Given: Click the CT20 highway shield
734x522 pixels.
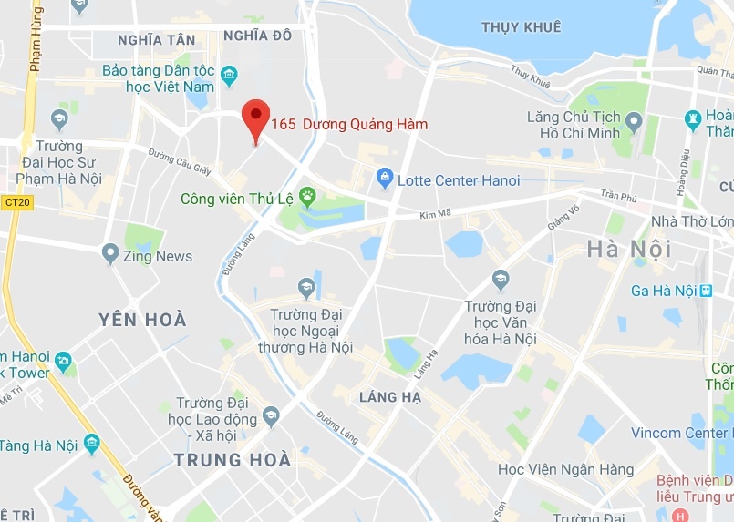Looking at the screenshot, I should pyautogui.click(x=16, y=202).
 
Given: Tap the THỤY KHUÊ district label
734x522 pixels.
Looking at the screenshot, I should pyautogui.click(x=521, y=27).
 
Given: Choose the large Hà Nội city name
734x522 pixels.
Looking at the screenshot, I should pyautogui.click(x=629, y=249).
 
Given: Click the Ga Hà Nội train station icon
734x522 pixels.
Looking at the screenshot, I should pyautogui.click(x=706, y=291).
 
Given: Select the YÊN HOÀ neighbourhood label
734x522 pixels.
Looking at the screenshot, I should pyautogui.click(x=142, y=320).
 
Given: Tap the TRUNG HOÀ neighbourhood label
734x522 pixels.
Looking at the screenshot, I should pyautogui.click(x=233, y=460).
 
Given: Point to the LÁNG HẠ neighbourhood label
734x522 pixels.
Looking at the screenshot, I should pyautogui.click(x=390, y=397).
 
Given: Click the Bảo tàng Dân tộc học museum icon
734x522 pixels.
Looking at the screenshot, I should pyautogui.click(x=229, y=73).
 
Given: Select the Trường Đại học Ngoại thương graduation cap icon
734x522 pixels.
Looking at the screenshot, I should pyautogui.click(x=306, y=288).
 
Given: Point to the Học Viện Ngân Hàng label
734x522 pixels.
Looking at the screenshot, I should pyautogui.click(x=565, y=470).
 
